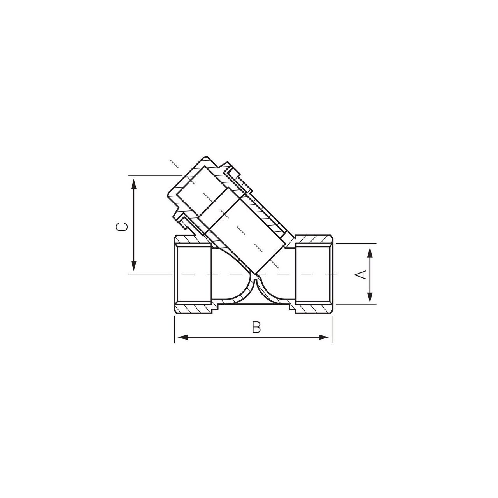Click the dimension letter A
point(363,274)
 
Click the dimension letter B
point(256,327)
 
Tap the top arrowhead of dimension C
point(133,185)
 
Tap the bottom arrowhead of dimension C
point(133,265)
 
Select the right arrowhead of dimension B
point(324,337)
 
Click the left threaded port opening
point(193,274)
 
